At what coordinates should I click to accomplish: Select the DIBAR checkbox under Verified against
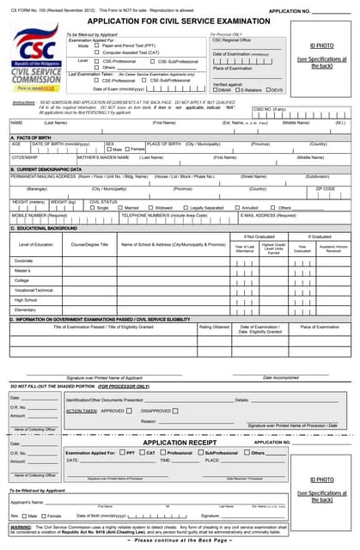[215, 89]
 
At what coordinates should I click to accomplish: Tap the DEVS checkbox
[267, 89]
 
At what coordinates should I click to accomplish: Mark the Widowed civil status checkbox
[150, 208]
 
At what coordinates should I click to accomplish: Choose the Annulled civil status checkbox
[238, 208]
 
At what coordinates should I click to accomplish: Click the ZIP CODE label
[326, 189]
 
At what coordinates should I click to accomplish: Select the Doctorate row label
[24, 260]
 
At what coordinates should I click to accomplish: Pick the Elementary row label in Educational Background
[25, 309]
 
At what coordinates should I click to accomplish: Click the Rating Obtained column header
[215, 327]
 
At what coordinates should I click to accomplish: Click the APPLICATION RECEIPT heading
[180, 442]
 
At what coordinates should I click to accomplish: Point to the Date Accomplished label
[280, 377]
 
